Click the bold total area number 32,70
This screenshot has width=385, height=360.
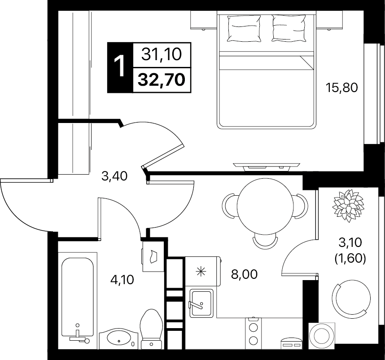pyautogui.click(x=162, y=80)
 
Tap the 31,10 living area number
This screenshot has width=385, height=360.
pyautogui.click(x=162, y=54)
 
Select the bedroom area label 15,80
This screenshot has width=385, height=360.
pyautogui.click(x=341, y=88)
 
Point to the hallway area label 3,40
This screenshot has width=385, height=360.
pyautogui.click(x=114, y=176)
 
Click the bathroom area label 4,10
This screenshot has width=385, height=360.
pyautogui.click(x=122, y=280)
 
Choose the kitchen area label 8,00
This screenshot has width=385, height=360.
pyautogui.click(x=244, y=274)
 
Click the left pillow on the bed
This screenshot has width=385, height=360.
pyautogui.click(x=244, y=28)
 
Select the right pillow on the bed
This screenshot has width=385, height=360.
pyautogui.click(x=289, y=28)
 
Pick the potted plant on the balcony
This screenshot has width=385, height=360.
pyautogui.click(x=348, y=206)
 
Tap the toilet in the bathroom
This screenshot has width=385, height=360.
pyautogui.click(x=152, y=329)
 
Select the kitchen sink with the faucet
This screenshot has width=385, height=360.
pyautogui.click(x=201, y=303)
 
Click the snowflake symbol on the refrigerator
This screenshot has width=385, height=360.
pyautogui.click(x=201, y=272)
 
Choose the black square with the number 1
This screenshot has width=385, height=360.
pyautogui.click(x=120, y=67)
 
